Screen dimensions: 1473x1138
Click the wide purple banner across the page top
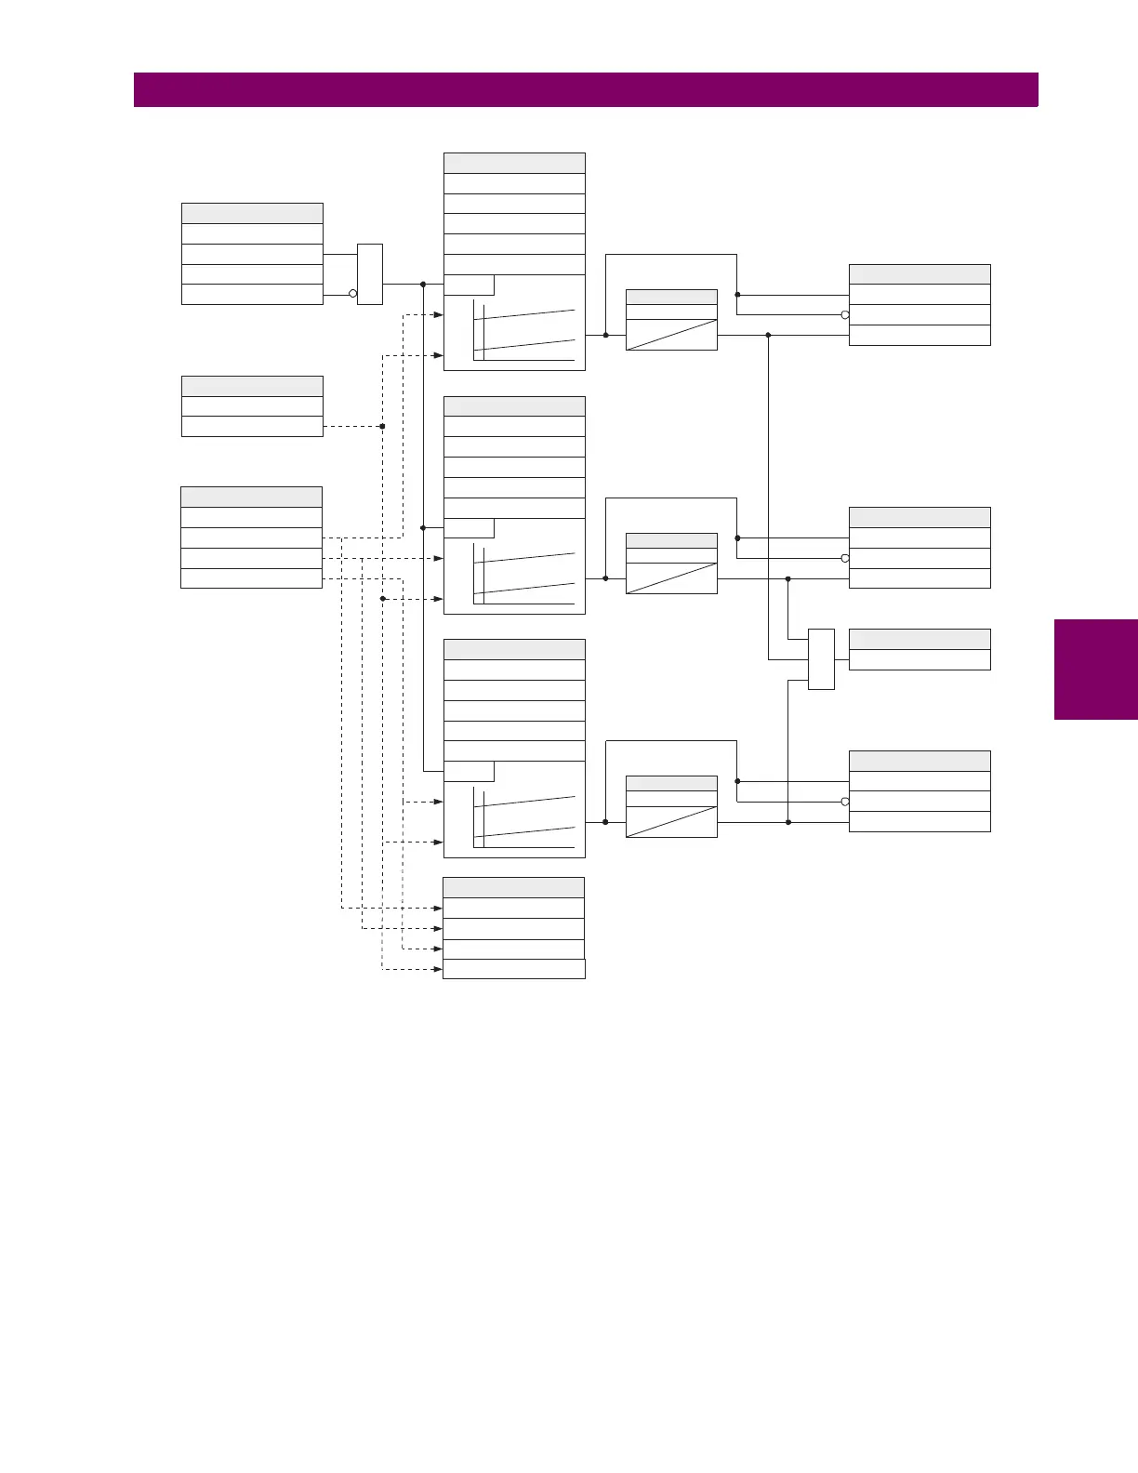[586, 90]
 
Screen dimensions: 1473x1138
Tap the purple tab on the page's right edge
[1095, 670]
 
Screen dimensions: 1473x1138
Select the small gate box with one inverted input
[370, 274]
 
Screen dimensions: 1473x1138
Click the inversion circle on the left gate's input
[352, 294]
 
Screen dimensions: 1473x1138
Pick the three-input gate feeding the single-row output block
[821, 659]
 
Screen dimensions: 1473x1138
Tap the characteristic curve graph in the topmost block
[523, 330]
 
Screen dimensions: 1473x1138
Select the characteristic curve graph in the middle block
[523, 574]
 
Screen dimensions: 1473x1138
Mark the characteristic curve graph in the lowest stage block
[523, 817]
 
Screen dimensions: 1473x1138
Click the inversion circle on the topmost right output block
[845, 315]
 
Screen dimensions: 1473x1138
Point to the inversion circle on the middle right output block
[845, 559]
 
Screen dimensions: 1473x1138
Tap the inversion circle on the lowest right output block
[845, 802]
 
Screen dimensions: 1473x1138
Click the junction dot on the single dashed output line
[382, 426]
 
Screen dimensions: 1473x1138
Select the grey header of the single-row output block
[920, 639]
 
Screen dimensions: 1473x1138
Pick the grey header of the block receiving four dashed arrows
[513, 887]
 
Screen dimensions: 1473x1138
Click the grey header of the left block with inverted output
[252, 213]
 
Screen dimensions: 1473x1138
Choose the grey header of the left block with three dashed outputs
[251, 497]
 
